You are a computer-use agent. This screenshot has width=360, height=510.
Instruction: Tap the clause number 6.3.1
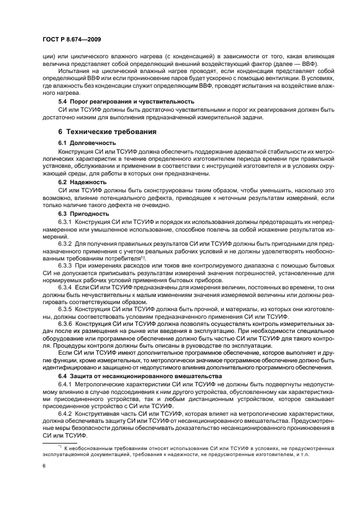pyautogui.click(x=66, y=222)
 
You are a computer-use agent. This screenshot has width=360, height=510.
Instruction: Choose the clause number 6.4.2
pyautogui.click(x=66, y=415)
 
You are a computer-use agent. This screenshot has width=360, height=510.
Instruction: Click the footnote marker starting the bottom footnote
pyautogui.click(x=60, y=447)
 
